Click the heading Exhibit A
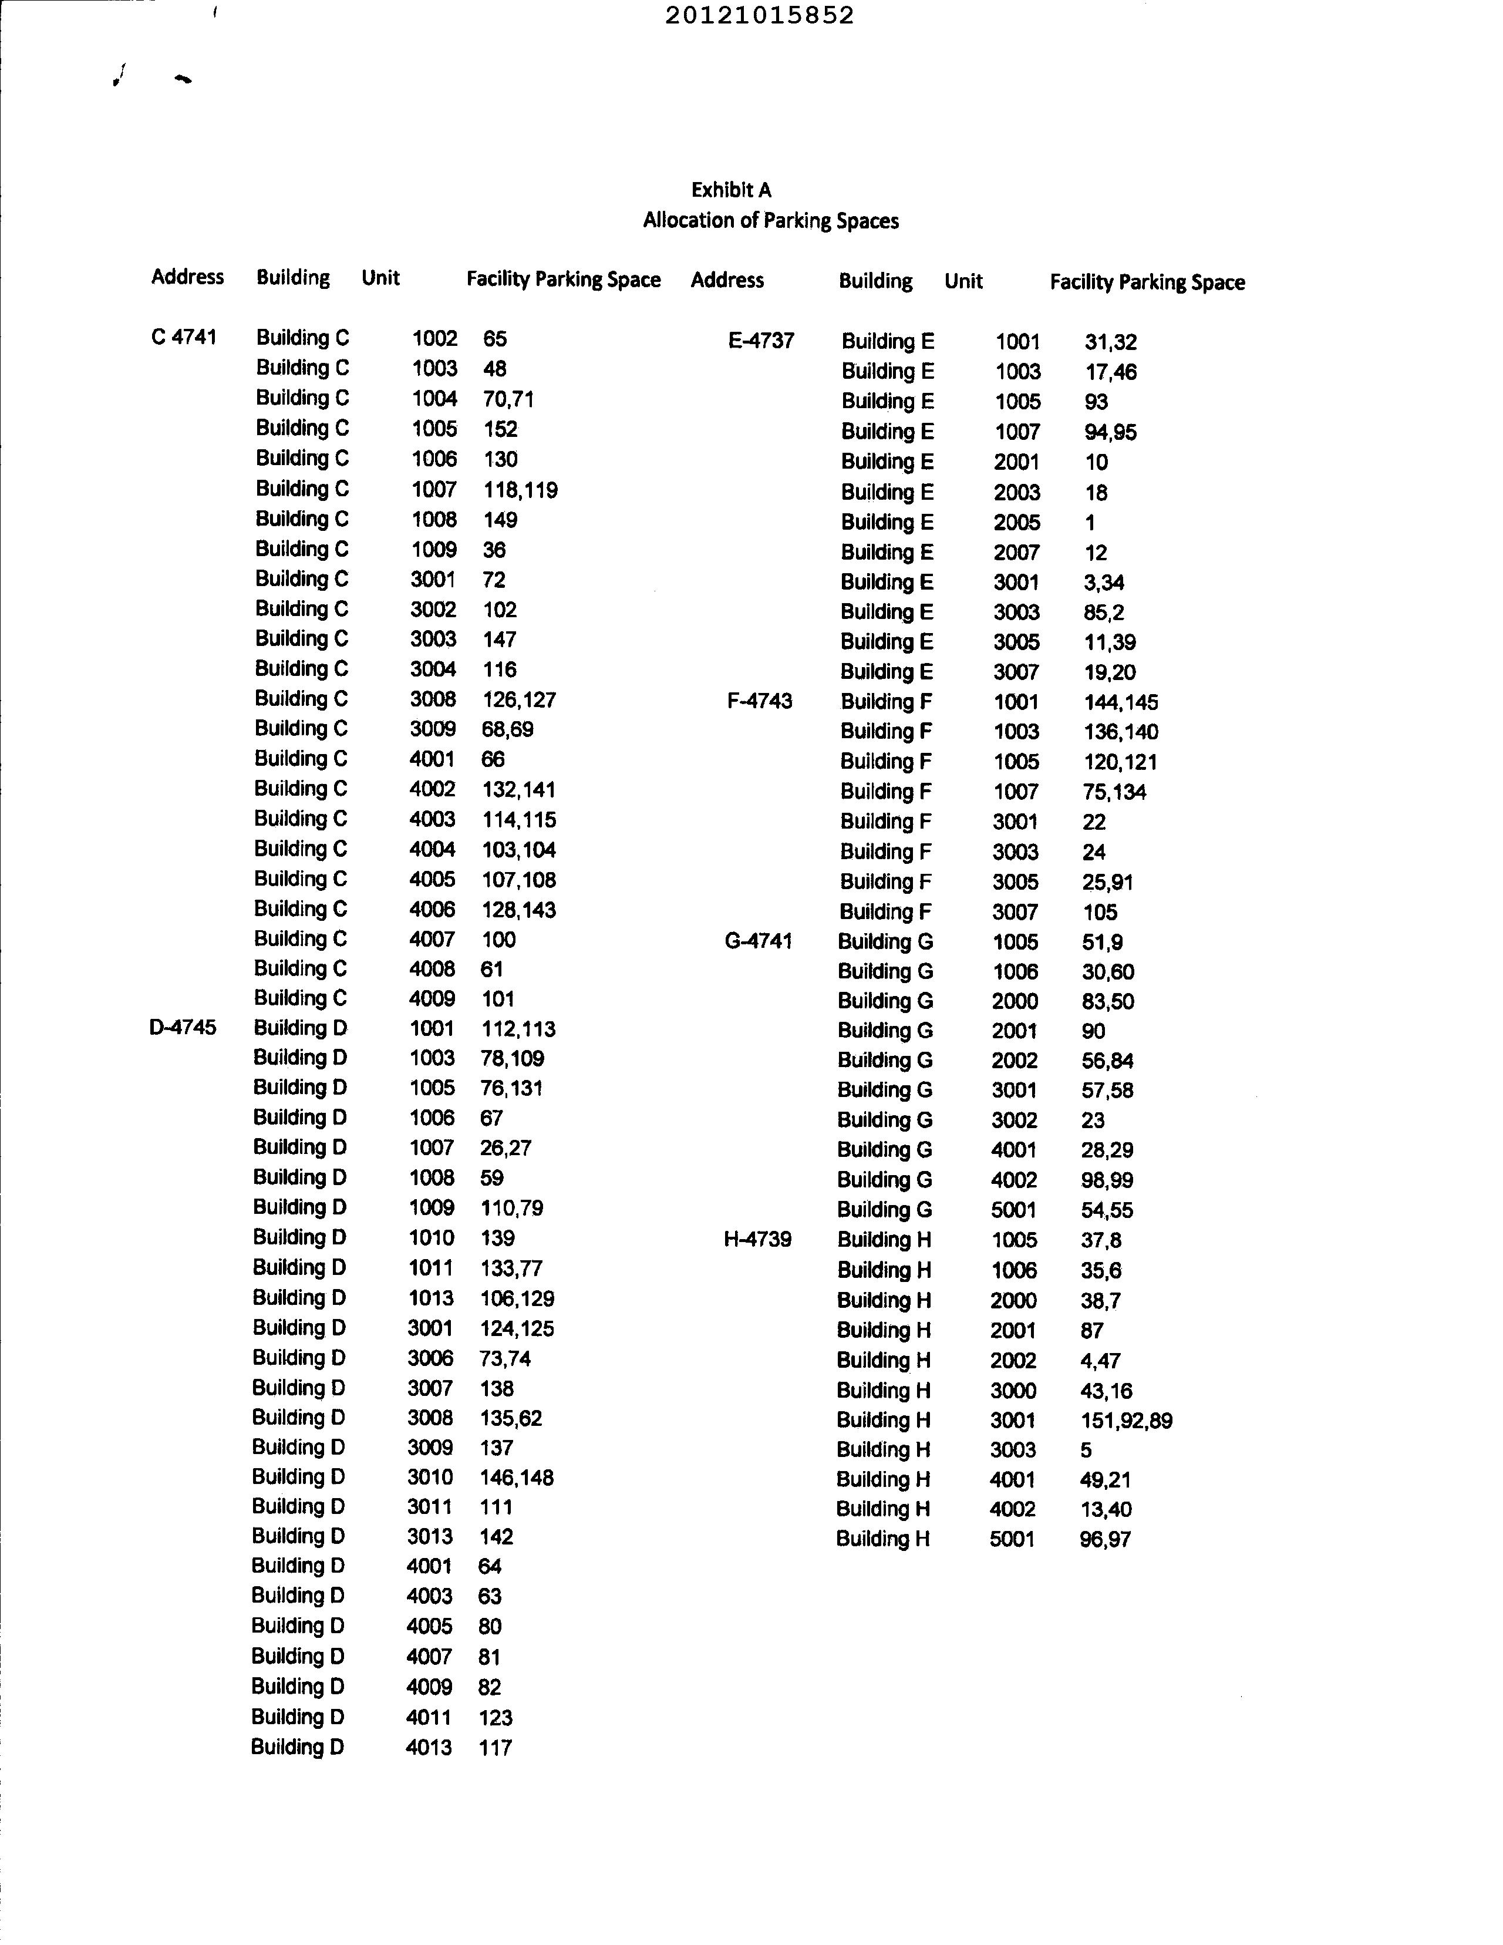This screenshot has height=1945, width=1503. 731,190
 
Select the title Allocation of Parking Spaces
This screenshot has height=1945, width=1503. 770,220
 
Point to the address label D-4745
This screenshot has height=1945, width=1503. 183,1027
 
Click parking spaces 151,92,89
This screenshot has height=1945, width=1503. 1125,1421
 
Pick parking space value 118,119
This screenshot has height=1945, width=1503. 520,490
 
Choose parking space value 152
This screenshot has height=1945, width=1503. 500,429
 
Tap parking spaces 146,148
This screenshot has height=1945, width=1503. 517,1478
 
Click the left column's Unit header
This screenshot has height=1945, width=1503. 380,278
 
